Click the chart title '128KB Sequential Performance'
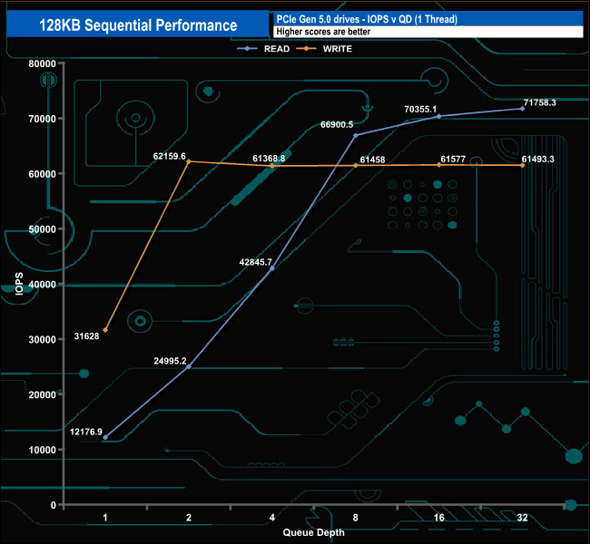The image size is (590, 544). tap(139, 25)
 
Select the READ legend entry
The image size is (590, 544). tap(270, 48)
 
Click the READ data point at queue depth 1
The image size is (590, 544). tap(105, 437)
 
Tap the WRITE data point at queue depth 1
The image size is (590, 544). tap(105, 330)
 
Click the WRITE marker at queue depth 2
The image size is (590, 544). tap(188, 161)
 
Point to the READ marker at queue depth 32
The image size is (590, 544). tap(523, 109)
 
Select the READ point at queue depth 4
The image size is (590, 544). tap(271, 268)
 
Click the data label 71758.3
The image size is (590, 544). tap(539, 102)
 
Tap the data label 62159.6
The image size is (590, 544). tap(170, 156)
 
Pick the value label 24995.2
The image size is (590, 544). tap(170, 361)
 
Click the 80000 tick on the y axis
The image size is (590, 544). tap(43, 63)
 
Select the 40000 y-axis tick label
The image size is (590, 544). tap(43, 284)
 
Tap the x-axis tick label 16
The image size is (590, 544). tap(438, 518)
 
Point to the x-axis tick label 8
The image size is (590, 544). tap(355, 518)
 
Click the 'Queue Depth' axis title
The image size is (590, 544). tap(313, 532)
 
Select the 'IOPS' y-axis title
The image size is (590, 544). tap(18, 284)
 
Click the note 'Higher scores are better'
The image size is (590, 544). tap(324, 32)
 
